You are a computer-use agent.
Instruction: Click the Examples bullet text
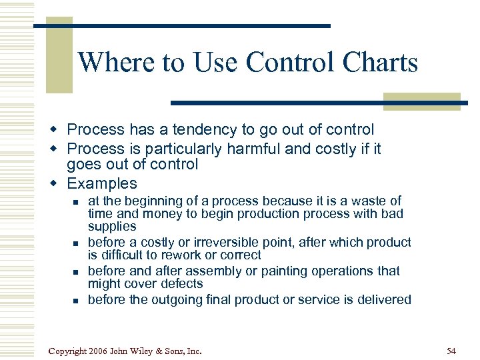tap(101, 183)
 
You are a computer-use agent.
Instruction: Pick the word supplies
tap(112, 227)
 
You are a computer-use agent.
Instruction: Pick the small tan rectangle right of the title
tap(421, 101)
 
